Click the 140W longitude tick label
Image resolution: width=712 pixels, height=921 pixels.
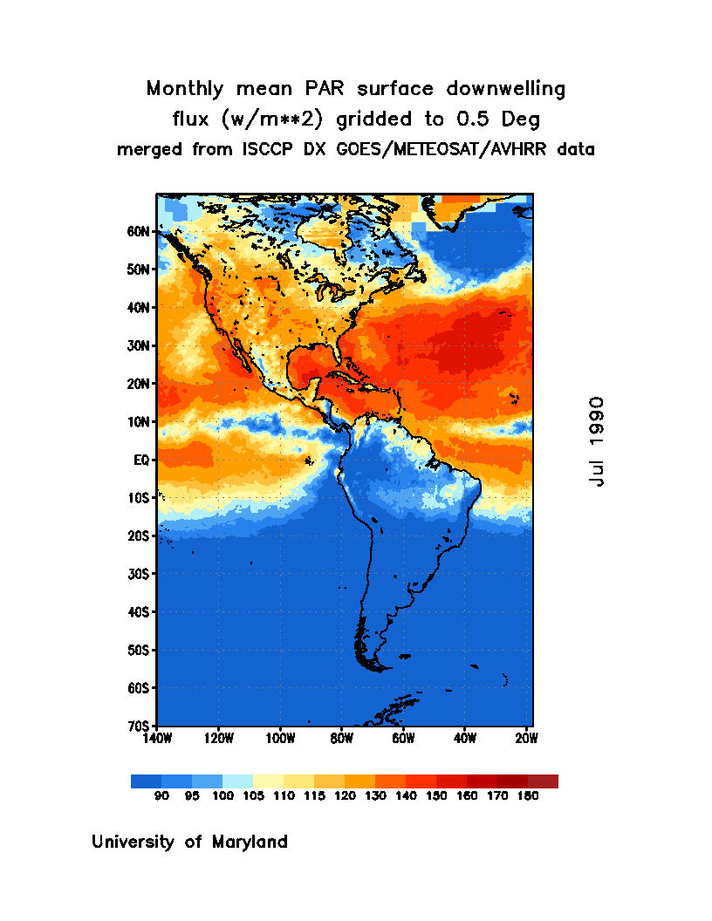(157, 739)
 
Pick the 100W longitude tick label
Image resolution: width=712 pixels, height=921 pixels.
(280, 739)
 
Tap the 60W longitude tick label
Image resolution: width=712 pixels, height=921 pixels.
(403, 739)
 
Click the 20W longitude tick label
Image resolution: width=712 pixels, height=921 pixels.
(526, 739)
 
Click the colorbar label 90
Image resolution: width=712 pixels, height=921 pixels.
(161, 795)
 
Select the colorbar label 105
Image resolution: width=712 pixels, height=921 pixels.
(253, 795)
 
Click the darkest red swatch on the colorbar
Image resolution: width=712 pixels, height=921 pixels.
(543, 781)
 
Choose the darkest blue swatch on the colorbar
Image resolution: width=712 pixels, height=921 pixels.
(146, 781)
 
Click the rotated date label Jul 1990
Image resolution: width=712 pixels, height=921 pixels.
(597, 441)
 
